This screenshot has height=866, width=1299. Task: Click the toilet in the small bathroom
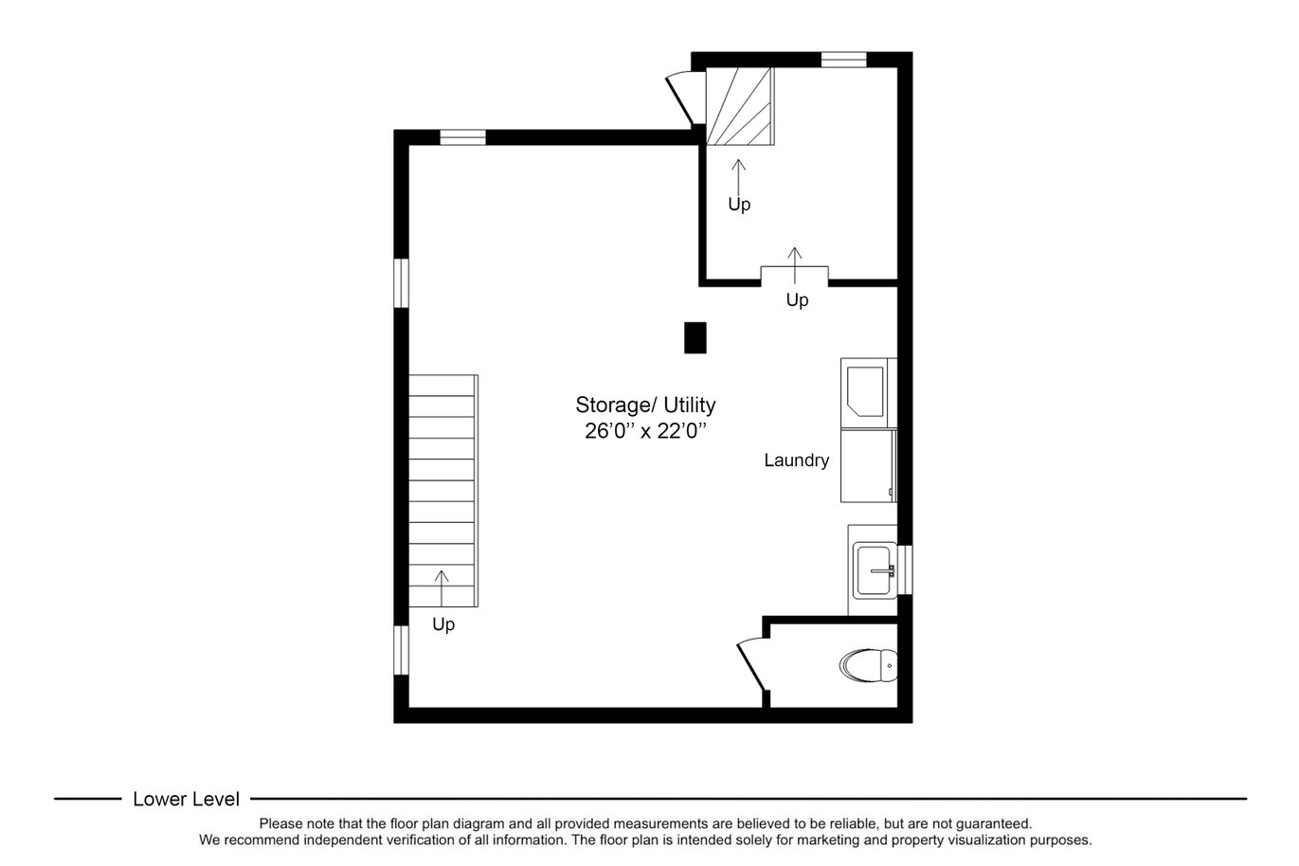[x=868, y=666]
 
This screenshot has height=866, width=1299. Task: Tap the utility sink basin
[x=874, y=569]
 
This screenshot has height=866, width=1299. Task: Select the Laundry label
[x=796, y=460]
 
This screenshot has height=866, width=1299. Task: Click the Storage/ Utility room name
[x=645, y=405]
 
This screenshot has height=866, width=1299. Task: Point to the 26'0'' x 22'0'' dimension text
[x=645, y=431]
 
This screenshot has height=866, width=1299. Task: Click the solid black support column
[x=695, y=337]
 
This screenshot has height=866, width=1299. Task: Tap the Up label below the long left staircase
[x=443, y=624]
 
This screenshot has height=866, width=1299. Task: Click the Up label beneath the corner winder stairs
[x=739, y=205]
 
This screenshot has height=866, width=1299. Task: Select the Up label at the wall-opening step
[x=798, y=300]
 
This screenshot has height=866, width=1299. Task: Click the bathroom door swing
[x=752, y=666]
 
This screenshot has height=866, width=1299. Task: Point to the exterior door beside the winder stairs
[x=683, y=99]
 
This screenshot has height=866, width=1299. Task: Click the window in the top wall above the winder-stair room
[x=844, y=60]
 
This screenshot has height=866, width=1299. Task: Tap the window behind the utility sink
[x=905, y=569]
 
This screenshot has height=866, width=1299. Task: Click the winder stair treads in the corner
[x=740, y=105]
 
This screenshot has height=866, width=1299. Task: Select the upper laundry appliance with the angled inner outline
[x=868, y=393]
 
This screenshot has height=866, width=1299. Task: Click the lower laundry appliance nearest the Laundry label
[x=868, y=466]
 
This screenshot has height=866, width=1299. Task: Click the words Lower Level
[x=186, y=800]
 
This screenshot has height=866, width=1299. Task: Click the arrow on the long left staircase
[x=442, y=588]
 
